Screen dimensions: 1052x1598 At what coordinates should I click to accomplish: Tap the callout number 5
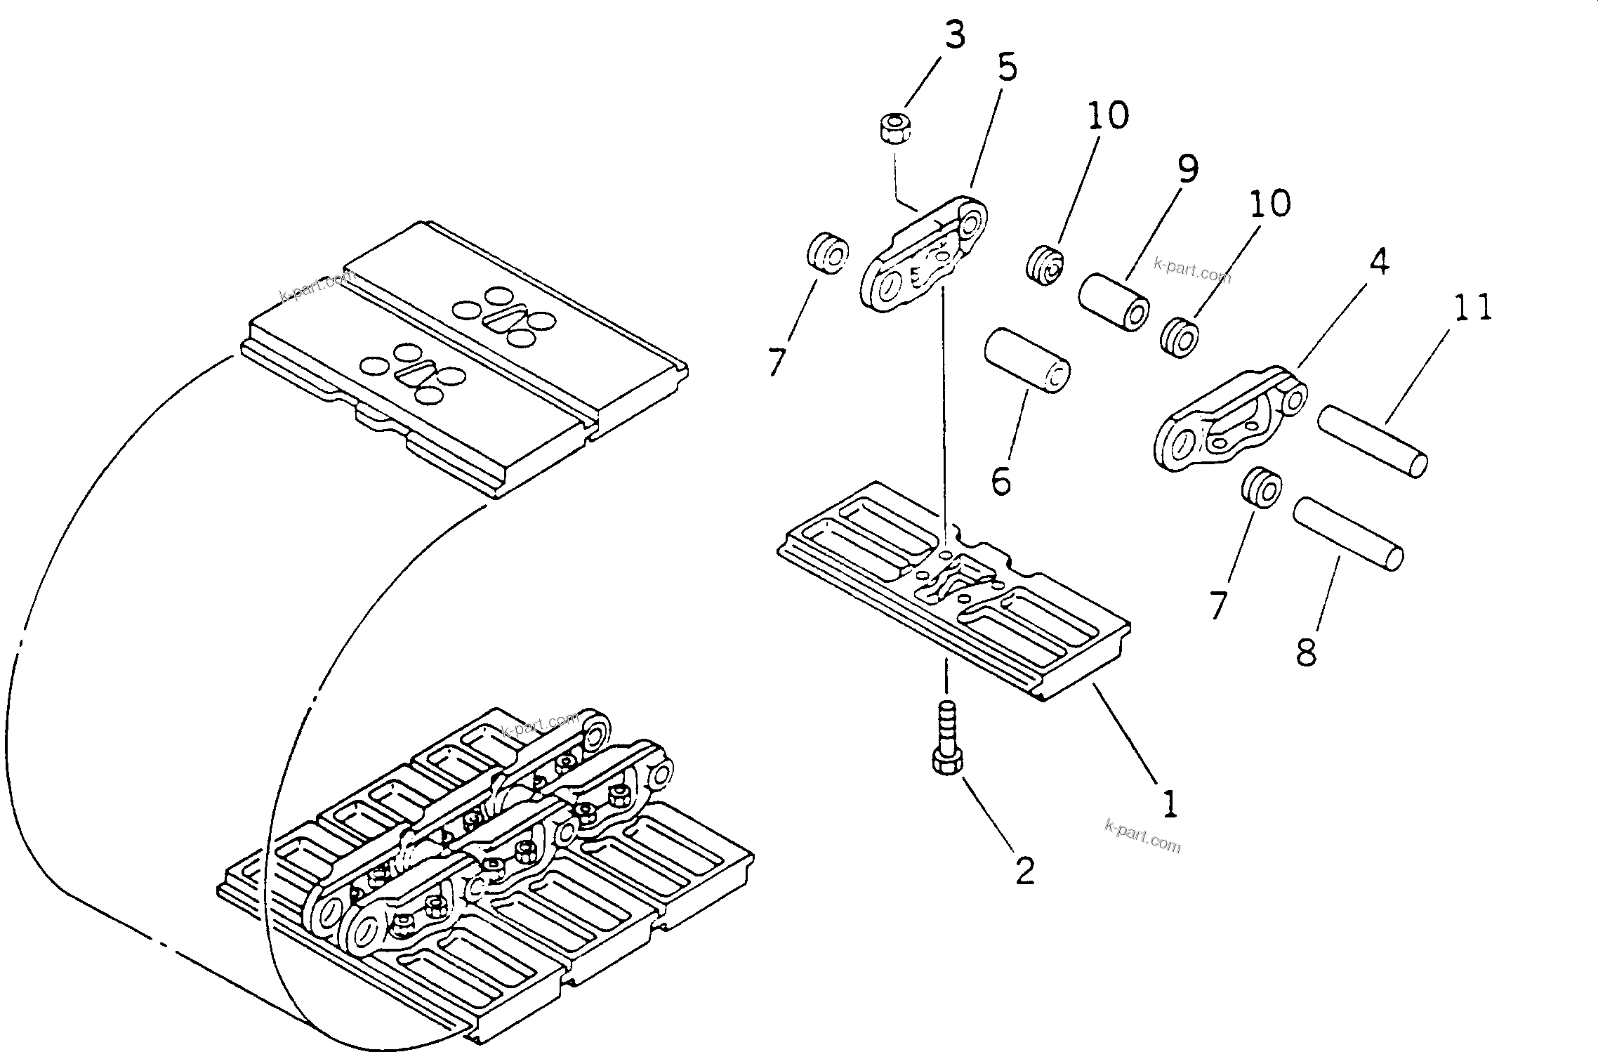[1008, 69]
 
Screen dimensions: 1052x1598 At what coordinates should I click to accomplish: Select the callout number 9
[1188, 169]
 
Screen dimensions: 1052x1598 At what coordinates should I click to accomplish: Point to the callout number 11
[1472, 308]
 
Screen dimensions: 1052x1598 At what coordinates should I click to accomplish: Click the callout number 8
[1307, 652]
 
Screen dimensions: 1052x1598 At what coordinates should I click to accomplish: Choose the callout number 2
[1025, 872]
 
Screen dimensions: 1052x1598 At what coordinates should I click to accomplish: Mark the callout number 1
[1169, 804]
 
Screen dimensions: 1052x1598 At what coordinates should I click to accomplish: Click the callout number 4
[1379, 263]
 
